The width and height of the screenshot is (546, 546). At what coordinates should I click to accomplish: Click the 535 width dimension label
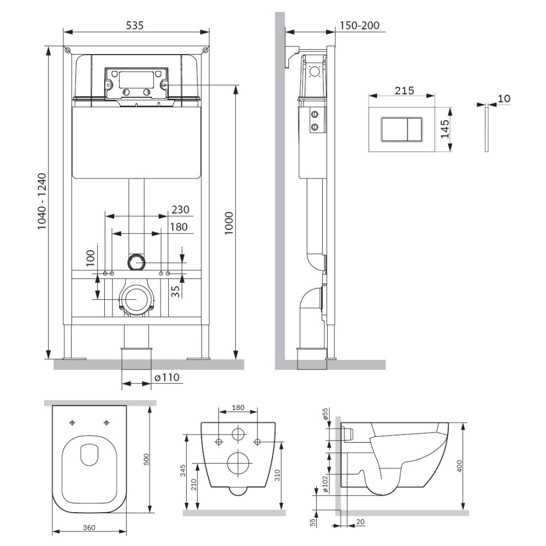click(134, 26)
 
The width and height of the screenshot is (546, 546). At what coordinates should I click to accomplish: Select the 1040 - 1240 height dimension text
click(42, 201)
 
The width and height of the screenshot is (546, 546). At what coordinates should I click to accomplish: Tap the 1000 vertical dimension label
click(228, 223)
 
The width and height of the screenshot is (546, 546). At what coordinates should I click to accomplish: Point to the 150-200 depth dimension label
click(359, 26)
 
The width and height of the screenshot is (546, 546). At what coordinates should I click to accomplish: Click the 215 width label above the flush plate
click(404, 91)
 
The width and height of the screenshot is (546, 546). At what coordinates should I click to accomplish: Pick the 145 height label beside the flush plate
click(445, 129)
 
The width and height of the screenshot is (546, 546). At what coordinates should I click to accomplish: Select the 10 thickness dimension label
click(504, 98)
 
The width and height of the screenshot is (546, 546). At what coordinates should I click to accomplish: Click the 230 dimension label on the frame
click(180, 210)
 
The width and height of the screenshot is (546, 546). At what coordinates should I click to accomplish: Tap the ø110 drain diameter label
click(167, 377)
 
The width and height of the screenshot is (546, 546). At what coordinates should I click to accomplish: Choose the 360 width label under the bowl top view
click(89, 528)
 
